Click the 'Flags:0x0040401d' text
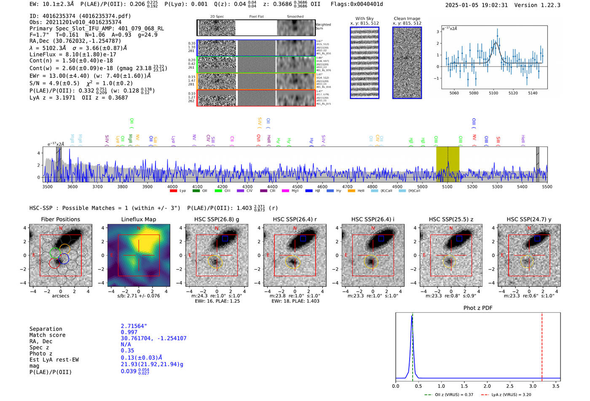click(357, 4)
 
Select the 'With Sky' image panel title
click(364, 19)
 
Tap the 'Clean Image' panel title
click(407, 19)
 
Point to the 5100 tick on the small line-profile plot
click(493, 93)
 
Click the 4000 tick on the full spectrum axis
click(172, 186)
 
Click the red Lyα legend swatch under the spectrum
click(173, 191)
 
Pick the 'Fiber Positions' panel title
click(60, 219)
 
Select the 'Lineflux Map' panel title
click(138, 219)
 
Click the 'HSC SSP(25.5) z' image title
click(451, 219)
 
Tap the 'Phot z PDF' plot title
click(478, 308)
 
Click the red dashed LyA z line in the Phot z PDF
click(542, 345)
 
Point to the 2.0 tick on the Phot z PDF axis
click(487, 386)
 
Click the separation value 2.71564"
click(134, 326)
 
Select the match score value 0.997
click(129, 332)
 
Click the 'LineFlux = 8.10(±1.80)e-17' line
click(73, 54)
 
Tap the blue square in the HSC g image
click(225, 239)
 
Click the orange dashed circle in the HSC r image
click(293, 262)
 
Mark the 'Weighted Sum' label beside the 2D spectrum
click(323, 26)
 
